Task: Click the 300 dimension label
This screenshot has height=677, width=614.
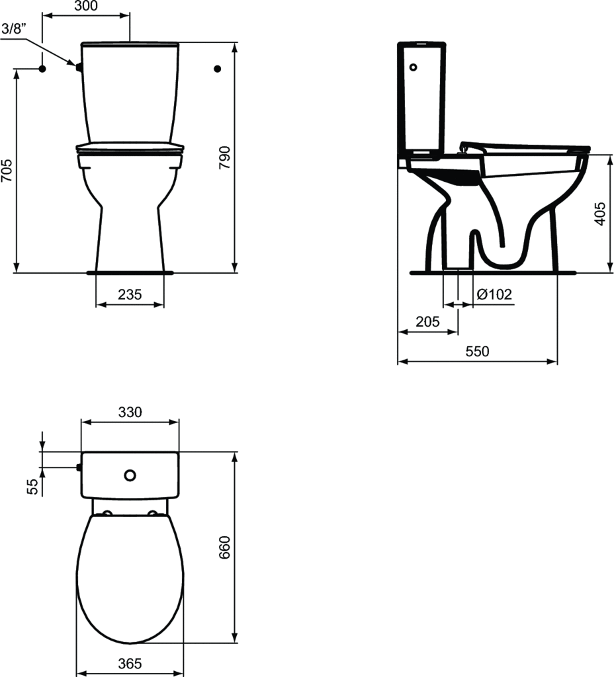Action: point(86,5)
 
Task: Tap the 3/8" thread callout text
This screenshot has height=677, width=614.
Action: point(15,28)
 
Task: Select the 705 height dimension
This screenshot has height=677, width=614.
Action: point(7,171)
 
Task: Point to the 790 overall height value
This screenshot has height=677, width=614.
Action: point(225,157)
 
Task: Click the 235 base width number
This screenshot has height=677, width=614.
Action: point(130,294)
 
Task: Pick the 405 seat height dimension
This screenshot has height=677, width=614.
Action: point(600,214)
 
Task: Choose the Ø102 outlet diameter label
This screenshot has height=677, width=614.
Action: point(494,294)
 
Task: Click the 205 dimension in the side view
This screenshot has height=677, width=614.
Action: point(427,322)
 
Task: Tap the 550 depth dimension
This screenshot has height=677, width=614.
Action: point(478,351)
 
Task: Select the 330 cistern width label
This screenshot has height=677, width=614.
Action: point(130,412)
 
